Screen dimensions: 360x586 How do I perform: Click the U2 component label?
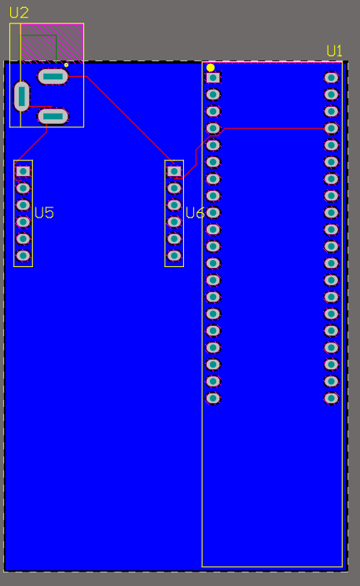pos(19,13)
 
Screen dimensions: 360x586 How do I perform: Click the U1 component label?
pos(334,51)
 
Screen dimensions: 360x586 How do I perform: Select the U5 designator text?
pos(44,213)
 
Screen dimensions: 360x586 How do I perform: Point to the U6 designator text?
pos(195,213)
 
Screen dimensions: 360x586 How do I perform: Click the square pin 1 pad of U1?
pos(213,78)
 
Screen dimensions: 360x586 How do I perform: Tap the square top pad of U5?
pos(23,171)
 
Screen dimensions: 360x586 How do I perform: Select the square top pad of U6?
pos(174,171)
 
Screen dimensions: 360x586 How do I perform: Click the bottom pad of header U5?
pos(23,255)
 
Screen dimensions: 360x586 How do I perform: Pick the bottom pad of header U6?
pos(174,255)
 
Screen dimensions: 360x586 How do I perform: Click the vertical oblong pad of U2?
pos(21,97)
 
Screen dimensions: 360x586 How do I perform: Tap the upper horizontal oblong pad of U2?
pos(53,77)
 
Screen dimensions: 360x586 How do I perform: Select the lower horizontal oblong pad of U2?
pos(53,116)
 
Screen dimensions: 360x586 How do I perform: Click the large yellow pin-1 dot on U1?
pos(211,68)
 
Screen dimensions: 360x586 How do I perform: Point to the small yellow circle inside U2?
pos(66,65)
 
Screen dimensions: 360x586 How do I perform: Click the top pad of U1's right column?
pos(331,78)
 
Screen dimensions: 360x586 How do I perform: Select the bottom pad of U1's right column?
pos(331,398)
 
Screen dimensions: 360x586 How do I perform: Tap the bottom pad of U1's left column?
pos(213,398)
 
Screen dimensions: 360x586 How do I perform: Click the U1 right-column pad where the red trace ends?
pos(331,128)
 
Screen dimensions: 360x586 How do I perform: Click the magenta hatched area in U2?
pos(52,42)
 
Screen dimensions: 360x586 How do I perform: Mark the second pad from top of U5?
pos(23,188)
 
